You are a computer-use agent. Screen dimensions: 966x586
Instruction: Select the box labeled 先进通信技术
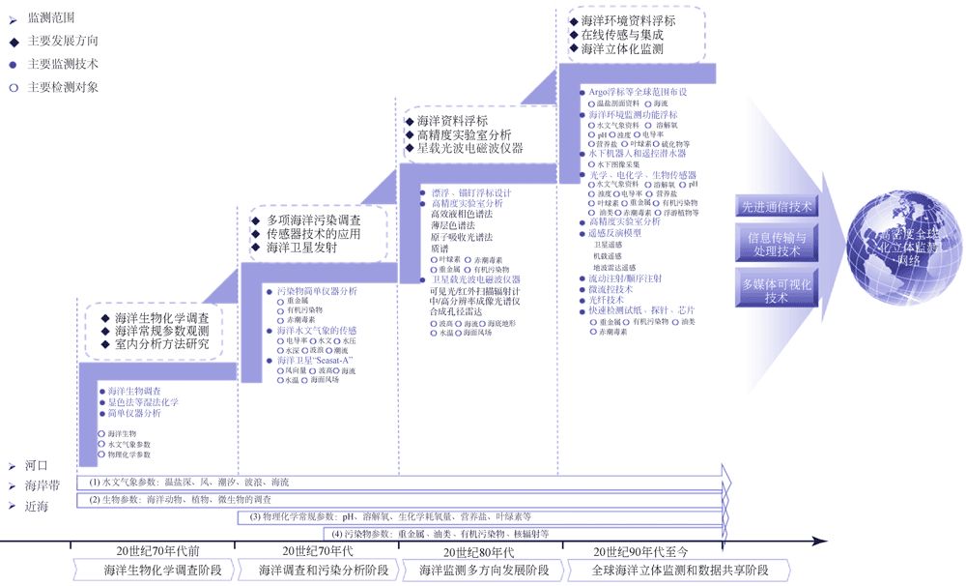tap(777, 206)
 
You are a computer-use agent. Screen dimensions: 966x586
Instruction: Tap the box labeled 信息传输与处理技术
tap(777, 244)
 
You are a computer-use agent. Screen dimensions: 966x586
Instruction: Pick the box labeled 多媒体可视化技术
tap(777, 290)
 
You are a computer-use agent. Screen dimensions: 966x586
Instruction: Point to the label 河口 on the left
tap(37, 465)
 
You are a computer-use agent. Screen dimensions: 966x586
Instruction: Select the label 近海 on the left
tap(37, 506)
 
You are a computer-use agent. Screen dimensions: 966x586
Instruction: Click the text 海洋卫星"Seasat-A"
tap(315, 360)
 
